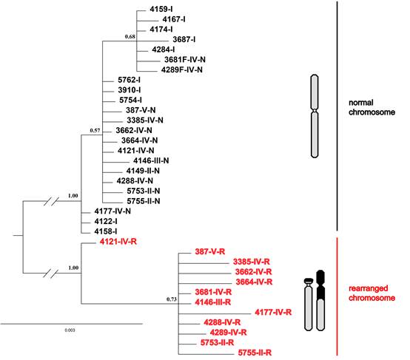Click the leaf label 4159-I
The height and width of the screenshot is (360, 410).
pyautogui.click(x=161, y=10)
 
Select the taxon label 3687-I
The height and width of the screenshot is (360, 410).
pyautogui.click(x=184, y=40)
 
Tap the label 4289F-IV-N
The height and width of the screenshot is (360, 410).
pyautogui.click(x=182, y=70)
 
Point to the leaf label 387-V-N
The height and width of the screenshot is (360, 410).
pyautogui.click(x=141, y=110)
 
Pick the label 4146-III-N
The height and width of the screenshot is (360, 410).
pyautogui.click(x=151, y=160)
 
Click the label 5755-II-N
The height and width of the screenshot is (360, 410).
pyautogui.click(x=144, y=201)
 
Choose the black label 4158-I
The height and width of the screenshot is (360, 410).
pyautogui.click(x=106, y=231)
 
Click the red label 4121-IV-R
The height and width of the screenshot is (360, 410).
pyautogui.click(x=118, y=242)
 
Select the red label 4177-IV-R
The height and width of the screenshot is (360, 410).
pyautogui.click(x=273, y=313)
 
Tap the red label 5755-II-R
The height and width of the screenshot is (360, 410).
pyautogui.click(x=255, y=353)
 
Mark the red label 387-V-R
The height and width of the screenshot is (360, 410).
pyautogui.click(x=210, y=252)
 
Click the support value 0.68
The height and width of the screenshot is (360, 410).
pyautogui.click(x=130, y=36)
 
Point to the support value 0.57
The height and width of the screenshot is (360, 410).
pyautogui.click(x=95, y=130)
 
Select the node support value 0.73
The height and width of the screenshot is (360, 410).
pyautogui.click(x=172, y=299)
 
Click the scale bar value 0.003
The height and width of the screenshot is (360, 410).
pyautogui.click(x=70, y=330)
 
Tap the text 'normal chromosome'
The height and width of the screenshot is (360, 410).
pyautogui.click(x=372, y=107)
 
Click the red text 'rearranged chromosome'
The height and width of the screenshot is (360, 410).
pyautogui.click(x=372, y=293)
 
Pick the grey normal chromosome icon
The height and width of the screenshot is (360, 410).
pyautogui.click(x=315, y=116)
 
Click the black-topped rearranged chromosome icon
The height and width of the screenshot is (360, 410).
pyautogui.click(x=320, y=300)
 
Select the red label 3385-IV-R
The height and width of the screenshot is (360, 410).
pyautogui.click(x=252, y=262)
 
